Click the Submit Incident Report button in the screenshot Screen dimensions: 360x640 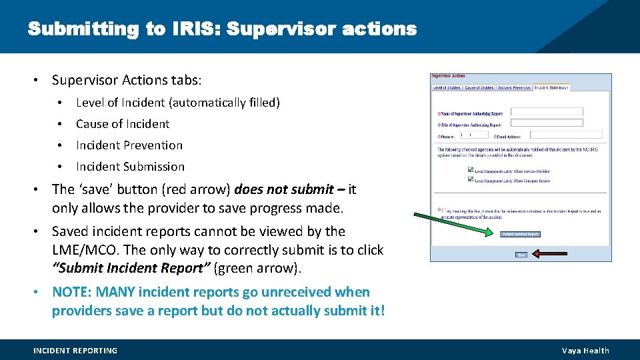point(520,234)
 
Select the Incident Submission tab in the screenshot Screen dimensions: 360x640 point(551,87)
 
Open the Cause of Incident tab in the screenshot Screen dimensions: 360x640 point(480,87)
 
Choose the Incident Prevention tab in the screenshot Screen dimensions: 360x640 point(514,87)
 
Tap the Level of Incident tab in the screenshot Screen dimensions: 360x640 point(447,87)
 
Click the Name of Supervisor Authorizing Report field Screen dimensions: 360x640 point(546,112)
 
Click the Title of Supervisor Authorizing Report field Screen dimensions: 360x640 point(546,123)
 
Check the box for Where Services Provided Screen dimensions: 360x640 point(470,170)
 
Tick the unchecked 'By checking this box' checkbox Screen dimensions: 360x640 point(444,211)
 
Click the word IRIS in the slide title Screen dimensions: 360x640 point(197,29)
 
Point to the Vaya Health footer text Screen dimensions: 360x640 point(585,351)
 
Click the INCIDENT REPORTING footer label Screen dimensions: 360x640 point(75,351)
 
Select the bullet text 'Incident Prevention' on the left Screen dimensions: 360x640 point(129,145)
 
